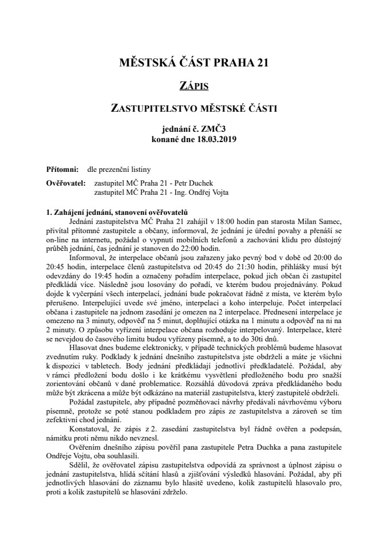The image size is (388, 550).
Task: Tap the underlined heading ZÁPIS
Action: pos(193,86)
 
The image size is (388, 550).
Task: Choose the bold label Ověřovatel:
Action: pos(66,183)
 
